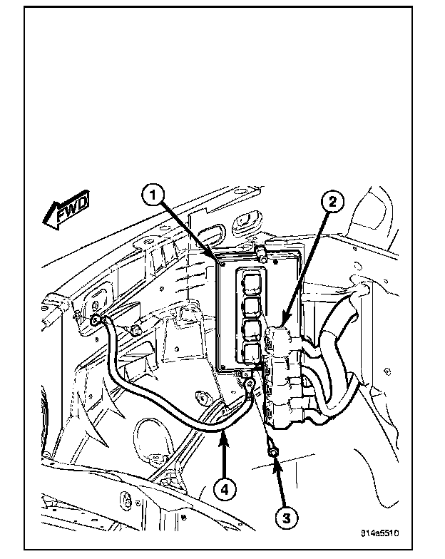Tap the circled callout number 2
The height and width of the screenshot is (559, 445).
[x=331, y=202]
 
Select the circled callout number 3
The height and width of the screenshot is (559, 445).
[x=285, y=518]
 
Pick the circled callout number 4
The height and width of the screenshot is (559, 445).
[x=224, y=489]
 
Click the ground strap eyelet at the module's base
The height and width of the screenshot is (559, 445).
[x=250, y=385]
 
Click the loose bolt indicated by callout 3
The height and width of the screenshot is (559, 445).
[x=274, y=448]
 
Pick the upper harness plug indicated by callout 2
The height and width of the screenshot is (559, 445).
[x=280, y=334]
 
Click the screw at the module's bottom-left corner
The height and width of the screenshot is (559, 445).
[x=223, y=369]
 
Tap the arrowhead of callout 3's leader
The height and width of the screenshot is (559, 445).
[x=275, y=458]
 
